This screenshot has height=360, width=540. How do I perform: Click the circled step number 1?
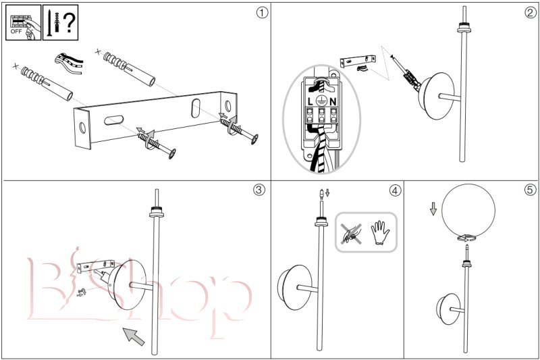click(262, 13)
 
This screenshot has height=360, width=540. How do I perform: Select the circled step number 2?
click(531, 13)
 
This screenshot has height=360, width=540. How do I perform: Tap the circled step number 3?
click(259, 190)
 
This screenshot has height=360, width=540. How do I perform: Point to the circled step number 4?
click(395, 190)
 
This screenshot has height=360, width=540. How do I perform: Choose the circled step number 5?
click(531, 190)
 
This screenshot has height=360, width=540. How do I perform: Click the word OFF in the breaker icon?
click(16, 31)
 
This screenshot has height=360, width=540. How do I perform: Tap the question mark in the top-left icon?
click(70, 22)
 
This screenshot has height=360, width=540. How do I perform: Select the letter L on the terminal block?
click(310, 101)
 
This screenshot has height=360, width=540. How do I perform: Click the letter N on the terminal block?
click(333, 101)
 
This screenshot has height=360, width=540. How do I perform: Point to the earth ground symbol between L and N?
click(321, 100)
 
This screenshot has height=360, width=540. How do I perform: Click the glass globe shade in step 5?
click(468, 211)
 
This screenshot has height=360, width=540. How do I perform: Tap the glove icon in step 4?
click(380, 233)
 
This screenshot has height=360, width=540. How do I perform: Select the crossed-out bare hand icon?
click(351, 234)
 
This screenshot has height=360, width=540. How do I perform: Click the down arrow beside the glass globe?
click(433, 209)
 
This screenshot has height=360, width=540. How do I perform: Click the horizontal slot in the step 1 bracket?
click(113, 120)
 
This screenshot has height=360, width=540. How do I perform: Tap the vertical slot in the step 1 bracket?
click(196, 108)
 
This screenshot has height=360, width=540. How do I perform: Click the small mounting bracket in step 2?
click(358, 61)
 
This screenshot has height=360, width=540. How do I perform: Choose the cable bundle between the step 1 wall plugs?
click(69, 63)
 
